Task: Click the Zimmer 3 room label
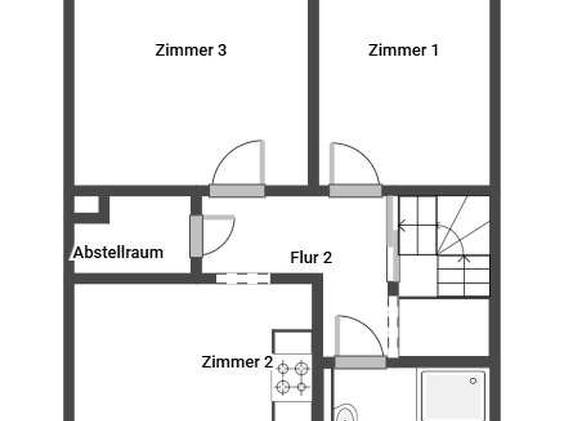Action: pyautogui.click(x=190, y=51)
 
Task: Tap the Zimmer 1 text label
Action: pyautogui.click(x=403, y=51)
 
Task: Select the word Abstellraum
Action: pyautogui.click(x=118, y=253)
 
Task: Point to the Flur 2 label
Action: pyautogui.click(x=311, y=257)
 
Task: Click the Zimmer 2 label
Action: pyautogui.click(x=236, y=362)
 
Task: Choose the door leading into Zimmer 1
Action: pyautogui.click(x=353, y=168)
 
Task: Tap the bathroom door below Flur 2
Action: pyautogui.click(x=358, y=341)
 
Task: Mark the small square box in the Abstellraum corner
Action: pyautogui.click(x=86, y=204)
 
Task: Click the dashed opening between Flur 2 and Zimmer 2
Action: pyautogui.click(x=243, y=279)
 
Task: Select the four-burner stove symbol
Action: pyautogui.click(x=293, y=377)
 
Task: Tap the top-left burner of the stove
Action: pyautogui.click(x=283, y=366)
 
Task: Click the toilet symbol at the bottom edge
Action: pyautogui.click(x=346, y=414)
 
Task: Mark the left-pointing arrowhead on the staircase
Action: pyautogui.click(x=401, y=227)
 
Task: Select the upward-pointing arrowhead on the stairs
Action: pyautogui.click(x=466, y=256)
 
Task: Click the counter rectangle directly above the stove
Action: pyautogui.click(x=293, y=343)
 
